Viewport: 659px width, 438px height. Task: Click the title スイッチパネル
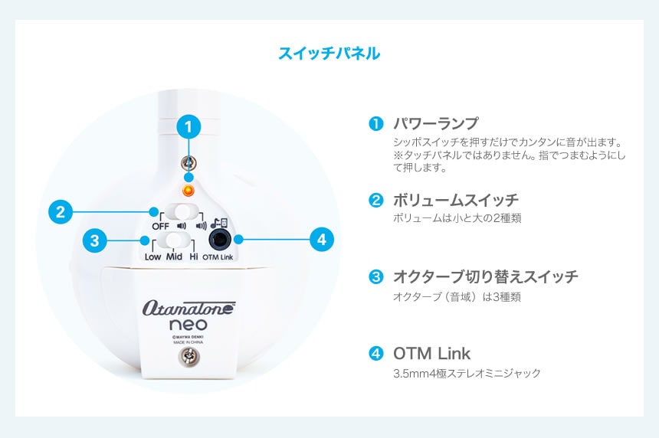pyautogui.click(x=329, y=54)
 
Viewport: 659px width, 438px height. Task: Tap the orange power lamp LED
pyautogui.click(x=189, y=191)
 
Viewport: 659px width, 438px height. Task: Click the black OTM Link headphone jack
pyautogui.click(x=220, y=240)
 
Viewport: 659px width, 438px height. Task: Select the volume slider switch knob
pyautogui.click(x=182, y=211)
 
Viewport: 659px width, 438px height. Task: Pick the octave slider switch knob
pyautogui.click(x=174, y=240)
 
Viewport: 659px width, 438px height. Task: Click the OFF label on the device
pyautogui.click(x=160, y=227)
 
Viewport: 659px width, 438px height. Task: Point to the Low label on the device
pyautogui.click(x=152, y=257)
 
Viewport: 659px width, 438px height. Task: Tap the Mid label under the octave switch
pyautogui.click(x=174, y=257)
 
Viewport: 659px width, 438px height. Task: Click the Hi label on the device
pyautogui.click(x=193, y=257)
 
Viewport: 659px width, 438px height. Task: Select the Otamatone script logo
pyautogui.click(x=189, y=309)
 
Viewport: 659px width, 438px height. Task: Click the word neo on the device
pyautogui.click(x=189, y=325)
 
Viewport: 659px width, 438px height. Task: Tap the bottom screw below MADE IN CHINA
pyautogui.click(x=189, y=357)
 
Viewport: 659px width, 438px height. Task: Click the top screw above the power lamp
pyautogui.click(x=189, y=162)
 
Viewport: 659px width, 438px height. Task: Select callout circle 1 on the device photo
pyautogui.click(x=189, y=126)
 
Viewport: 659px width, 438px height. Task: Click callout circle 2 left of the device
pyautogui.click(x=61, y=211)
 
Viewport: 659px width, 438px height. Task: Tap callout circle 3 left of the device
pyautogui.click(x=94, y=240)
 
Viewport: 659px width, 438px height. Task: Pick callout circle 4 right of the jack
pyautogui.click(x=322, y=240)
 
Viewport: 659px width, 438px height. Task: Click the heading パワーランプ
pyautogui.click(x=435, y=123)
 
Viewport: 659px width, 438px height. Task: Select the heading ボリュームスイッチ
pyautogui.click(x=456, y=201)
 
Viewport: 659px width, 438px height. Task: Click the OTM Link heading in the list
pyautogui.click(x=431, y=354)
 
